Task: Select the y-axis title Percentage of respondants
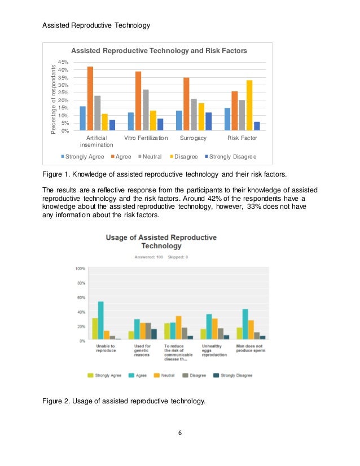click(54, 99)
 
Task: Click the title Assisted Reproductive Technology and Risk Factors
click(159, 51)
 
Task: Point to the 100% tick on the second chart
click(81, 269)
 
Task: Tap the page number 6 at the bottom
click(180, 433)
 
